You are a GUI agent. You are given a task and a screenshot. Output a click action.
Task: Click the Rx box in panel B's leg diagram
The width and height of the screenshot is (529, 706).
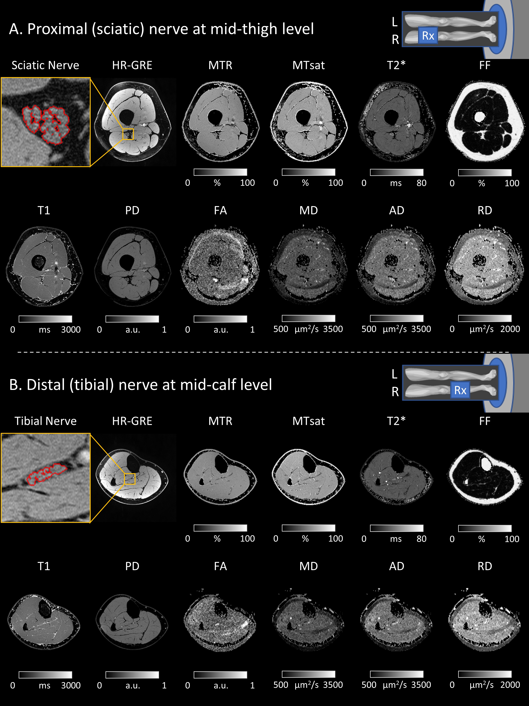(460, 390)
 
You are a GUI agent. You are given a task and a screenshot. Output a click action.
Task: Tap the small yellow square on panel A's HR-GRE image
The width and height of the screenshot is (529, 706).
(128, 134)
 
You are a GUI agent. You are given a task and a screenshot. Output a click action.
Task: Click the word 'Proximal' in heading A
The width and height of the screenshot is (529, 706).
(57, 29)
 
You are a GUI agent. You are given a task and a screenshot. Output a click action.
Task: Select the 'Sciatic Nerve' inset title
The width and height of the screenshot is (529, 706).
(45, 65)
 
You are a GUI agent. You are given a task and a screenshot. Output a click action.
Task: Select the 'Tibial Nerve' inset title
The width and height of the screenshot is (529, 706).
(45, 421)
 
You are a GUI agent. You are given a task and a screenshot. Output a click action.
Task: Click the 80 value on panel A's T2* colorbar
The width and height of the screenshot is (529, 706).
(421, 183)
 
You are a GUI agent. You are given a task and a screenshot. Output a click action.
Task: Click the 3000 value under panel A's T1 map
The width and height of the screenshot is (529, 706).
(71, 330)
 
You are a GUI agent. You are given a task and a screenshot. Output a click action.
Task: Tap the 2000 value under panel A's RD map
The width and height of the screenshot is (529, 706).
(510, 329)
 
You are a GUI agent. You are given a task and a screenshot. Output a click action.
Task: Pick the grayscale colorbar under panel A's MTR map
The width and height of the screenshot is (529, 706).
(220, 172)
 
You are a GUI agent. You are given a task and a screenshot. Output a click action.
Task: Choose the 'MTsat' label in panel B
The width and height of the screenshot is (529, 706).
(308, 421)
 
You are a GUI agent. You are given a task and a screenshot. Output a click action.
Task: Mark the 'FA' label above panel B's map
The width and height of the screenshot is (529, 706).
(220, 567)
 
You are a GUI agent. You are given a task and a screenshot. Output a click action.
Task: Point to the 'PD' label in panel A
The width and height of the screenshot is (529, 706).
(132, 211)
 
